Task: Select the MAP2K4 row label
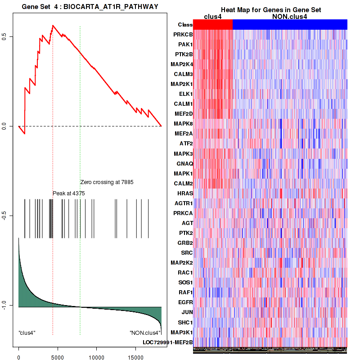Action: coord(182,64)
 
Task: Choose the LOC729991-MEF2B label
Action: coord(168,342)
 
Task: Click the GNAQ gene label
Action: coord(184,163)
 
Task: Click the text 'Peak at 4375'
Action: coord(69,193)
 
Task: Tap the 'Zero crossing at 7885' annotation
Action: coord(107,182)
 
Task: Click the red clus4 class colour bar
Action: coord(213,24)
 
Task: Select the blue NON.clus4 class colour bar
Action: coord(290,24)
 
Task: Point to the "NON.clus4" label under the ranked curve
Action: coord(145,333)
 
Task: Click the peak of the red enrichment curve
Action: coord(53,26)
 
